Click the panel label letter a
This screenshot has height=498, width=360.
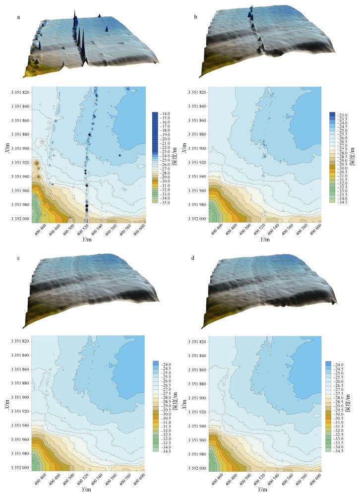coord(18,17)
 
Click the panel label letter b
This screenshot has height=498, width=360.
coord(195,17)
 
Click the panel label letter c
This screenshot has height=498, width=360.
coord(18,258)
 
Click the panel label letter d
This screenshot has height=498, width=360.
coord(193,257)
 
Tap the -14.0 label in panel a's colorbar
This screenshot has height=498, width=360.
coord(166,114)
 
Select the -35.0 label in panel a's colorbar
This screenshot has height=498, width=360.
coord(166,203)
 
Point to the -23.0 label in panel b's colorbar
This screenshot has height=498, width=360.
coord(343,115)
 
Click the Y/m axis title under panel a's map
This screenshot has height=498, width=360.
coord(87,240)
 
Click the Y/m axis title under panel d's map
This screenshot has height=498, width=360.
coord(265,490)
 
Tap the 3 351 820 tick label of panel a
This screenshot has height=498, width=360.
coord(20,92)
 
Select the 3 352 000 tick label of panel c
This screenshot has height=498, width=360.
coord(20,468)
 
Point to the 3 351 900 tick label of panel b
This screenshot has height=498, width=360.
coord(197,149)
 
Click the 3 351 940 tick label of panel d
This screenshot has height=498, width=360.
coord(197,426)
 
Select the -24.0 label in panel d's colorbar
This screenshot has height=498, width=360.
coord(338,365)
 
